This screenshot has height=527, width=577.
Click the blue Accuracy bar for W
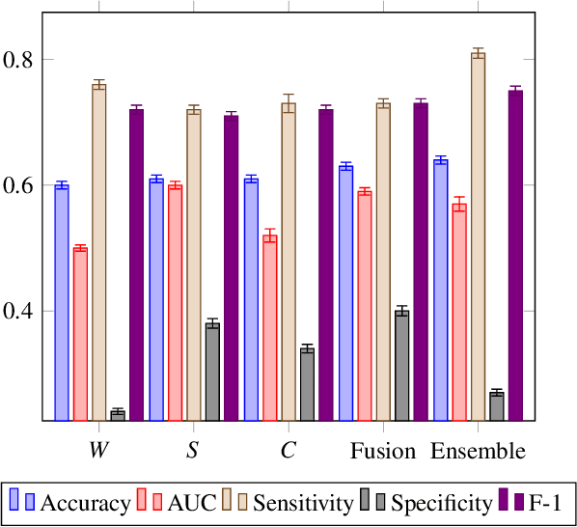click(62, 303)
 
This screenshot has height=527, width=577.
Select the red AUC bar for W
click(80, 334)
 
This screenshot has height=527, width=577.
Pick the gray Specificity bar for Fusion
click(402, 366)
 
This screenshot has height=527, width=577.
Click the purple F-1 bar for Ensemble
click(515, 256)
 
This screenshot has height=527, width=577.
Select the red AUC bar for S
click(175, 303)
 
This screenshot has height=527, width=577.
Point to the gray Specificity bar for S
click(212, 373)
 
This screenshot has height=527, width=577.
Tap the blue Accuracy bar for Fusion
click(345, 293)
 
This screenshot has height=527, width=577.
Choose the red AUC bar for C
click(269, 328)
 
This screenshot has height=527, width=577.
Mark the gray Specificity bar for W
click(118, 416)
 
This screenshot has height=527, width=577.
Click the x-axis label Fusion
click(383, 452)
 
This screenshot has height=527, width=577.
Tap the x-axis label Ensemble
click(478, 452)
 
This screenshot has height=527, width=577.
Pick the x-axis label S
click(194, 452)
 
